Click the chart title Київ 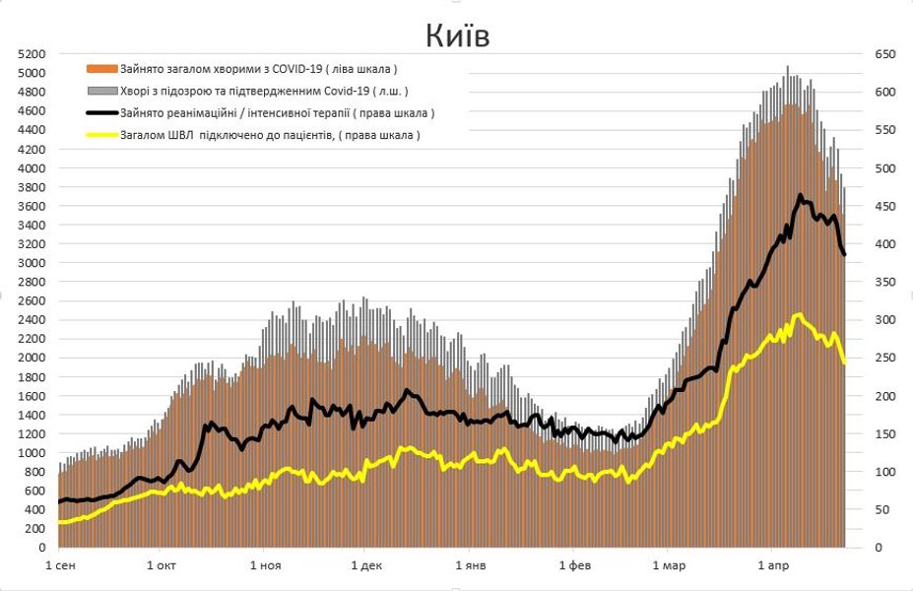pyautogui.click(x=457, y=35)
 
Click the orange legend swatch pyautogui.click(x=102, y=69)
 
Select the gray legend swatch pyautogui.click(x=102, y=91)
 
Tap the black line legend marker pyautogui.click(x=102, y=113)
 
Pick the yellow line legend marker pyautogui.click(x=102, y=135)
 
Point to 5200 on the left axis pyautogui.click(x=32, y=54)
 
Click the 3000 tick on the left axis pyautogui.click(x=32, y=263)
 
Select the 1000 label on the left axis pyautogui.click(x=32, y=453)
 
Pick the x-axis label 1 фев pyautogui.click(x=575, y=565)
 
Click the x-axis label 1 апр pyautogui.click(x=773, y=565)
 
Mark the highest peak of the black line pyautogui.click(x=800, y=195)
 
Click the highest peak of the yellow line pyautogui.click(x=798, y=315)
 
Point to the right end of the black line pyautogui.click(x=844, y=255)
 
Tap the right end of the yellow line pyautogui.click(x=844, y=363)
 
